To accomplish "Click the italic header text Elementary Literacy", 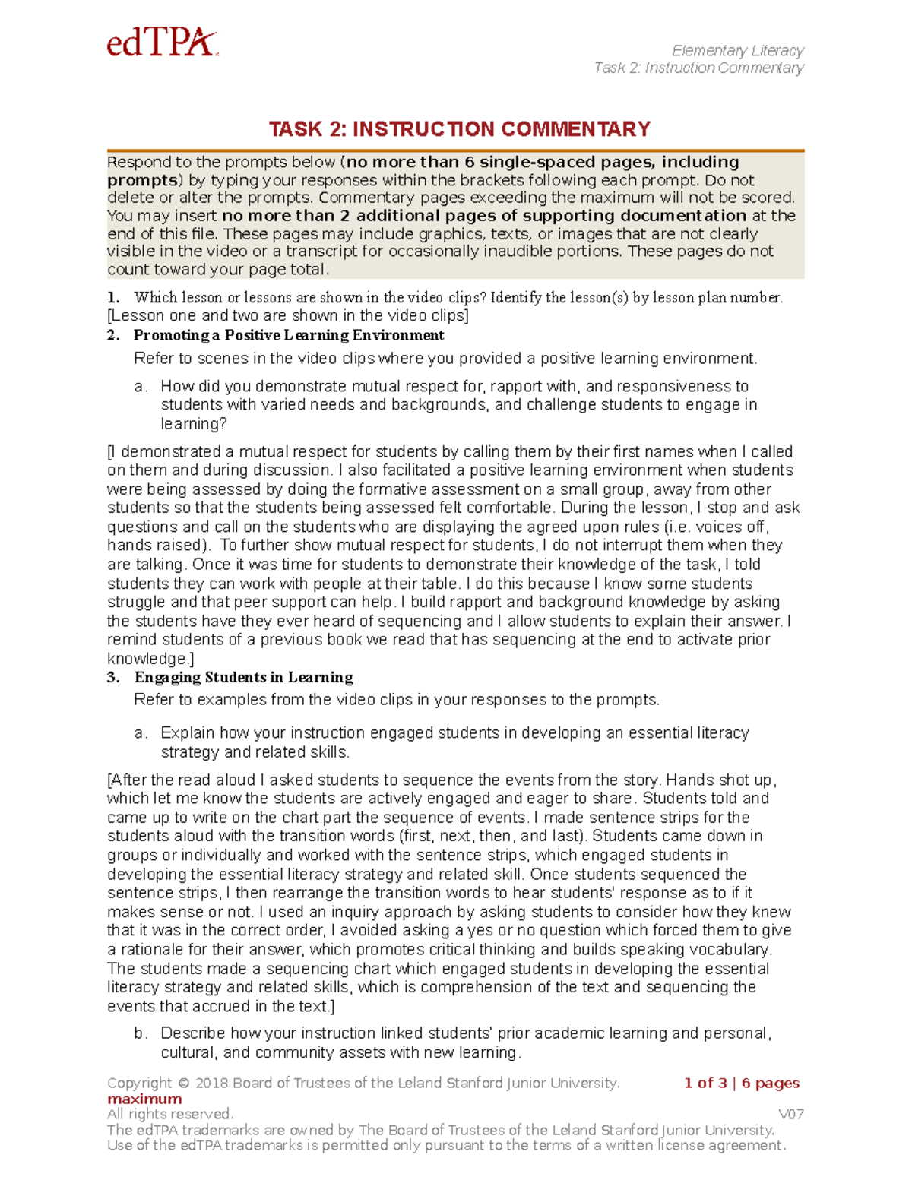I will [737, 50].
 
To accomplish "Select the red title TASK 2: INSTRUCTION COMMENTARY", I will [459, 129].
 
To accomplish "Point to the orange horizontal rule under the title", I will [455, 150].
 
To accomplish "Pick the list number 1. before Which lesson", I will [113, 297].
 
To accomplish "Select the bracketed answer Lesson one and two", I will [288, 315].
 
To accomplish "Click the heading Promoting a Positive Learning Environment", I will [289, 335].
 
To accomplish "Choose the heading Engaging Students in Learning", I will [243, 677].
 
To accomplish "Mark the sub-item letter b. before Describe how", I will [140, 1033].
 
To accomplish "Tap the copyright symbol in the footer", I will [184, 1083].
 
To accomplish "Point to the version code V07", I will [790, 1114].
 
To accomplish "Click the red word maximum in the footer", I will [144, 1099].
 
